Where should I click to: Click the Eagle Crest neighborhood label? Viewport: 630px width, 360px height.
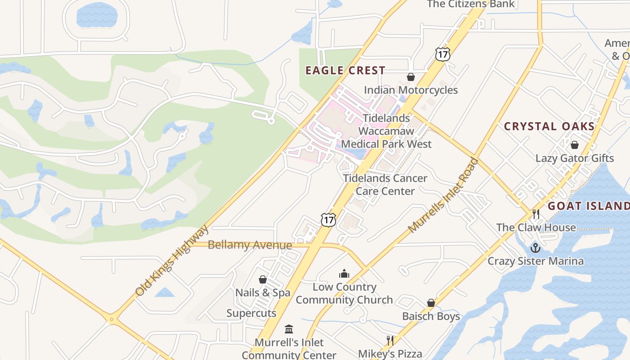pyautogui.click(x=345, y=71)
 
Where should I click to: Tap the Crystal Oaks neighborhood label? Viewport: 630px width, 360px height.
pyautogui.click(x=549, y=126)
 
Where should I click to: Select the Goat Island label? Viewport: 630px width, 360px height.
pyautogui.click(x=588, y=206)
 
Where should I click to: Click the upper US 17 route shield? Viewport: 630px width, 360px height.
pyautogui.click(x=443, y=54)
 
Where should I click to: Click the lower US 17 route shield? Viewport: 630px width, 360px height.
pyautogui.click(x=328, y=220)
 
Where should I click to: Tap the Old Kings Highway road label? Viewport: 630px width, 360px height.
pyautogui.click(x=172, y=260)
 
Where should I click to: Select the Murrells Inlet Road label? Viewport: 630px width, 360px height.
pyautogui.click(x=443, y=195)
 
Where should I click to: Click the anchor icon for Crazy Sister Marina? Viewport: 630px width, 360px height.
pyautogui.click(x=535, y=248)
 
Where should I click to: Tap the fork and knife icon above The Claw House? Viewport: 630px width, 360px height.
pyautogui.click(x=535, y=214)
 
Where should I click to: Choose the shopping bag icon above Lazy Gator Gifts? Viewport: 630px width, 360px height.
pyautogui.click(x=574, y=145)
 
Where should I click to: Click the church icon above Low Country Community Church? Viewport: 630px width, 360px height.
pyautogui.click(x=344, y=274)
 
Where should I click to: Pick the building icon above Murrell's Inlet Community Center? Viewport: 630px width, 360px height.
pyautogui.click(x=289, y=329)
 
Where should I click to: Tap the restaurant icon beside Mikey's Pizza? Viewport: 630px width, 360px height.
pyautogui.click(x=390, y=340)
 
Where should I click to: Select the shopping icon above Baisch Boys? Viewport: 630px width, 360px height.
pyautogui.click(x=431, y=303)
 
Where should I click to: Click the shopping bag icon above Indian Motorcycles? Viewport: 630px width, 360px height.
pyautogui.click(x=410, y=77)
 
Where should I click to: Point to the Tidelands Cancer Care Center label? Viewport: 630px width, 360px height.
pyautogui.click(x=385, y=184)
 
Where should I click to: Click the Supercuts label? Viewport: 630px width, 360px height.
pyautogui.click(x=251, y=313)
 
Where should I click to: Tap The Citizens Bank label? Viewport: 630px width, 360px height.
pyautogui.click(x=470, y=4)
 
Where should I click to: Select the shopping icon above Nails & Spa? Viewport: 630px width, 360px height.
pyautogui.click(x=263, y=279)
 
